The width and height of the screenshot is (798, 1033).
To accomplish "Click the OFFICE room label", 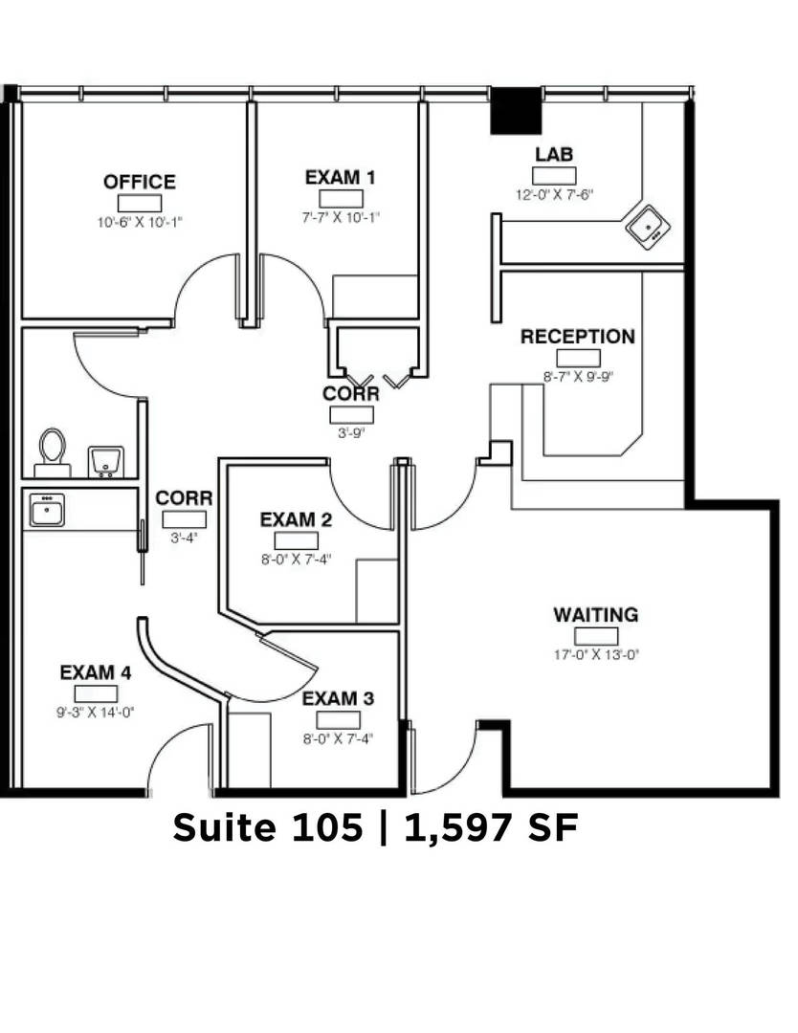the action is pyautogui.click(x=140, y=182).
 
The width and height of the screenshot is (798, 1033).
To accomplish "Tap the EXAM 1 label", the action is pyautogui.click(x=340, y=177).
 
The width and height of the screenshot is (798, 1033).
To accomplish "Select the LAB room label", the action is pyautogui.click(x=554, y=154).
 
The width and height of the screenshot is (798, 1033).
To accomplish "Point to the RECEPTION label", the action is pyautogui.click(x=578, y=337).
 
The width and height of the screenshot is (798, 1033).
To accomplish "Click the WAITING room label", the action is pyautogui.click(x=596, y=615).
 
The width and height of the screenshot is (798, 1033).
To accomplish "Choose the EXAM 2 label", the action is pyautogui.click(x=296, y=519).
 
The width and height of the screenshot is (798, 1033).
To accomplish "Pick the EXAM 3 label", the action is pyautogui.click(x=338, y=698).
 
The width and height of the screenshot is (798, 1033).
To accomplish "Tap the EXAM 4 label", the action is pyautogui.click(x=96, y=672).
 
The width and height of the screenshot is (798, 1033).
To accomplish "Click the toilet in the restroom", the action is pyautogui.click(x=52, y=452).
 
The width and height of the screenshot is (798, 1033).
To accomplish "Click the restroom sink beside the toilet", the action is pyautogui.click(x=106, y=461).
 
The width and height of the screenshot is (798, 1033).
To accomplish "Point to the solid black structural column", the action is pyautogui.click(x=516, y=111).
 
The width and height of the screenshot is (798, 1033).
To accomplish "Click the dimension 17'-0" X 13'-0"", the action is pyautogui.click(x=596, y=655).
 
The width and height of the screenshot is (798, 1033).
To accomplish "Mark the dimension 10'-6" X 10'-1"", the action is pyautogui.click(x=140, y=223).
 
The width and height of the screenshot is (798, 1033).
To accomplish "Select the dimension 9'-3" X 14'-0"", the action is pyautogui.click(x=96, y=713).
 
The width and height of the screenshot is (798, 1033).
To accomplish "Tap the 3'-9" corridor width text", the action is pyautogui.click(x=351, y=433).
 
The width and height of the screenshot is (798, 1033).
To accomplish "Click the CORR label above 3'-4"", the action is pyautogui.click(x=184, y=498).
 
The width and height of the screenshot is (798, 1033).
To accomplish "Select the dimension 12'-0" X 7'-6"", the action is pyautogui.click(x=554, y=195).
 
